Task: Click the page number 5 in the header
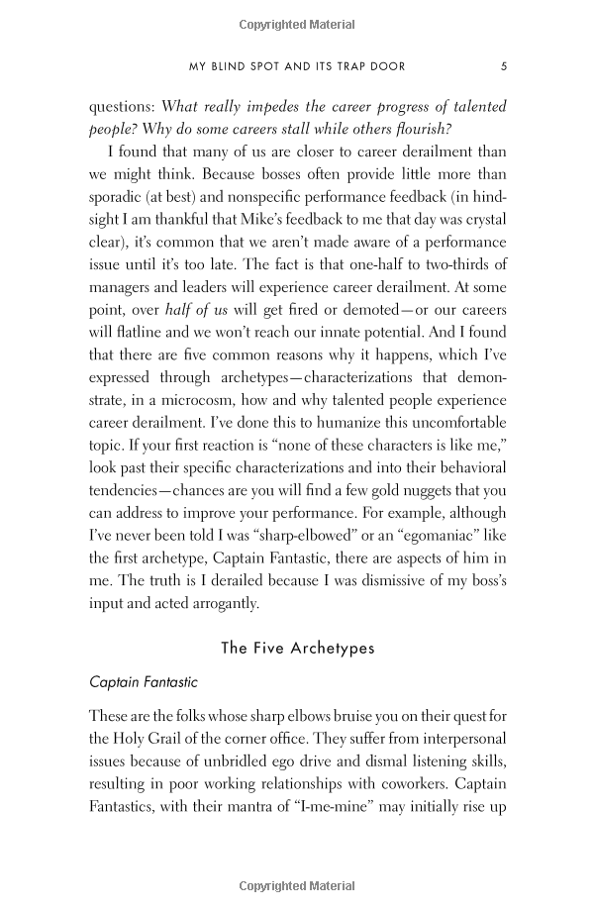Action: [x=504, y=66]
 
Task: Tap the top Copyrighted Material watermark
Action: [x=297, y=20]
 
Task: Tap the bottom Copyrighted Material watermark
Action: [x=297, y=884]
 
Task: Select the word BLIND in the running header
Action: [x=239, y=66]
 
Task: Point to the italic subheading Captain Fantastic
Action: [x=143, y=682]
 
